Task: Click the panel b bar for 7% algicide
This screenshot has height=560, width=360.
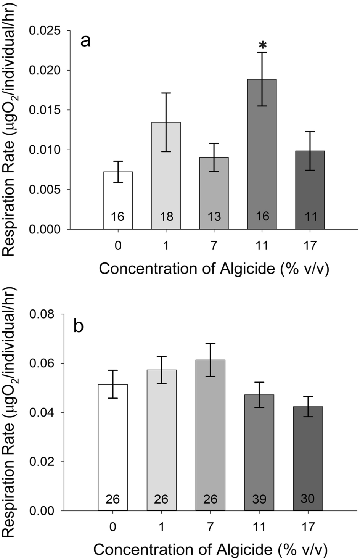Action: point(210,435)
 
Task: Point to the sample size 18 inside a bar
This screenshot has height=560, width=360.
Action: point(166,217)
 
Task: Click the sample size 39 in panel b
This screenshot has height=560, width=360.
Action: point(259,499)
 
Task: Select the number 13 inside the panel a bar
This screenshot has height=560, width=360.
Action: point(214,217)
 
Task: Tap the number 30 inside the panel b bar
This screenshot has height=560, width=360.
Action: point(308,498)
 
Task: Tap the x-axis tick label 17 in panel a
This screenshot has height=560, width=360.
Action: point(310,246)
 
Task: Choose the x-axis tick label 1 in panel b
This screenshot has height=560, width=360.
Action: point(161,527)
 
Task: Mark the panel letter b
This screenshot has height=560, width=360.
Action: point(79,327)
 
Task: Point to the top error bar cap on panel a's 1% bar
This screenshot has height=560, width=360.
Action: point(166,93)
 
